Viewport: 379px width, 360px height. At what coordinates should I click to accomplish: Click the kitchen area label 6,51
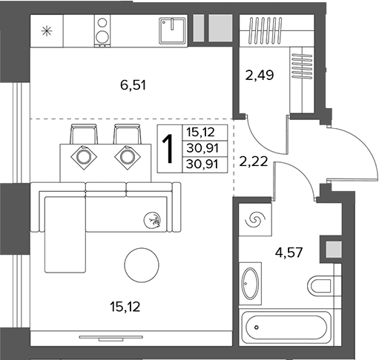click(x=133, y=85)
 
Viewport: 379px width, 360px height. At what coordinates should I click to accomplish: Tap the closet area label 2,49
click(x=260, y=75)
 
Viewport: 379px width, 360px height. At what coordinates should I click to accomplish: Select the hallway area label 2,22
click(x=254, y=161)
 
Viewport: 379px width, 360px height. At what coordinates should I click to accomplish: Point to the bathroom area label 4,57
click(x=289, y=253)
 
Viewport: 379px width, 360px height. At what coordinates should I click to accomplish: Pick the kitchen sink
click(x=172, y=30)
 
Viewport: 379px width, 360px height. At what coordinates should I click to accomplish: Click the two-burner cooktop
click(x=102, y=30)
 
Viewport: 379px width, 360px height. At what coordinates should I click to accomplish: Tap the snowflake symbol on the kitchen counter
click(x=47, y=31)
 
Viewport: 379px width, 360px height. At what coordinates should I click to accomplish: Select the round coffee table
click(x=142, y=265)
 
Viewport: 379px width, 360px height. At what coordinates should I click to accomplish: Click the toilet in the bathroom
click(x=320, y=286)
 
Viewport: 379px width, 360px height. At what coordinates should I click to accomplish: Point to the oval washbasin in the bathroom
click(x=251, y=284)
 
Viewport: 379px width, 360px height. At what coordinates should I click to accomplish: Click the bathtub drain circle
click(x=257, y=327)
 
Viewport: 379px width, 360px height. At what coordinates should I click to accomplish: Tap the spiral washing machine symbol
click(x=255, y=219)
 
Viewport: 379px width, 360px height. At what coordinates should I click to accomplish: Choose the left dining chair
click(x=84, y=134)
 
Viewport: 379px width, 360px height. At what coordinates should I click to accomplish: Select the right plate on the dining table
click(x=128, y=157)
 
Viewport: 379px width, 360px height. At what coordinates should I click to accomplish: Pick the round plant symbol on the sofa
click(x=152, y=220)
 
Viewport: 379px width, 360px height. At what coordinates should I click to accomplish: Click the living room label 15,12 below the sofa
click(x=125, y=307)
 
